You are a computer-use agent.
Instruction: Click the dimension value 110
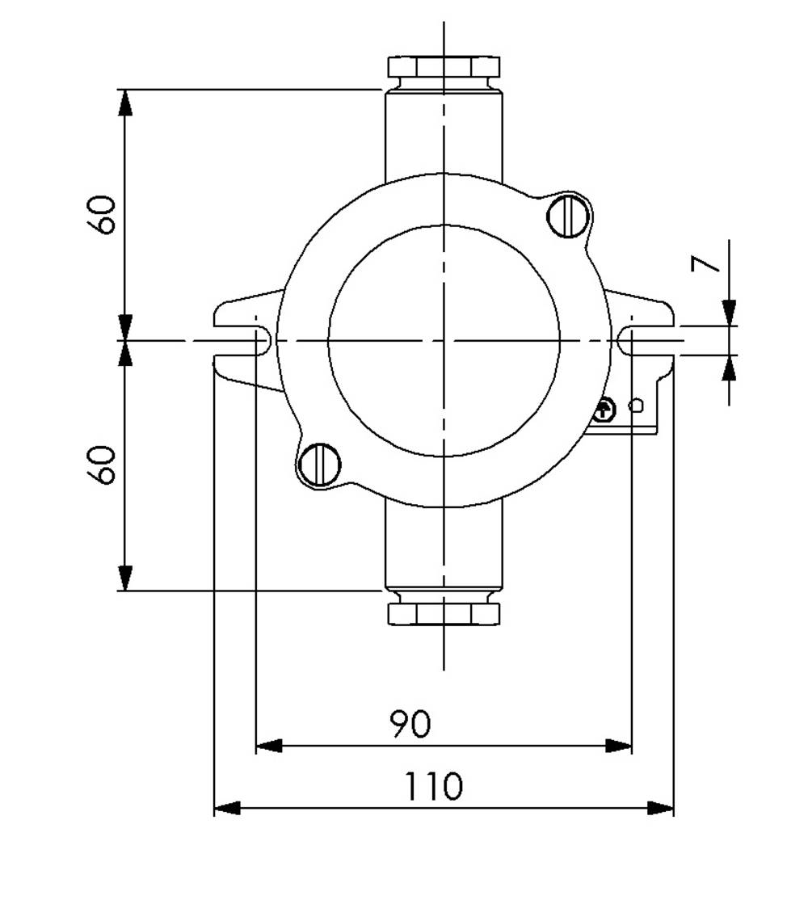click(x=434, y=786)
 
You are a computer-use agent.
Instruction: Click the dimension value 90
click(x=410, y=724)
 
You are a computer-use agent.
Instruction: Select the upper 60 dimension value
click(x=103, y=214)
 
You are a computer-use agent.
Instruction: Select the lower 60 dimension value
click(x=103, y=465)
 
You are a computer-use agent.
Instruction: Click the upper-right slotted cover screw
click(x=567, y=216)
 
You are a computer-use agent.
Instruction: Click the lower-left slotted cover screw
click(x=320, y=465)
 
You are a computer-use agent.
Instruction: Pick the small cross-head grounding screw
click(x=604, y=410)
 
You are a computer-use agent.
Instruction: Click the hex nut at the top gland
click(x=444, y=66)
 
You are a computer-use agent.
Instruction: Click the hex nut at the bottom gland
click(x=444, y=614)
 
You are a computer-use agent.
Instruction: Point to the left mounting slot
click(x=242, y=341)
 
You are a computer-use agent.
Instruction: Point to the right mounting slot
click(x=646, y=341)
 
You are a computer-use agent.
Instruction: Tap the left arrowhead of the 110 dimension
click(x=227, y=808)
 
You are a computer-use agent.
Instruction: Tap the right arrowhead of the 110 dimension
click(x=660, y=808)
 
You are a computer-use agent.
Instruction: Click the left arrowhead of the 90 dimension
click(x=269, y=746)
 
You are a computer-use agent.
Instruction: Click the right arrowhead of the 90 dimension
click(x=618, y=746)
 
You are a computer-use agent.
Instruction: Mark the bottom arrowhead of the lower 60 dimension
click(x=125, y=578)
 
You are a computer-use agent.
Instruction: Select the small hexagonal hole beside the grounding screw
click(x=637, y=406)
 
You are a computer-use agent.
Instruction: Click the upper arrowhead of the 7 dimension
click(x=730, y=313)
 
